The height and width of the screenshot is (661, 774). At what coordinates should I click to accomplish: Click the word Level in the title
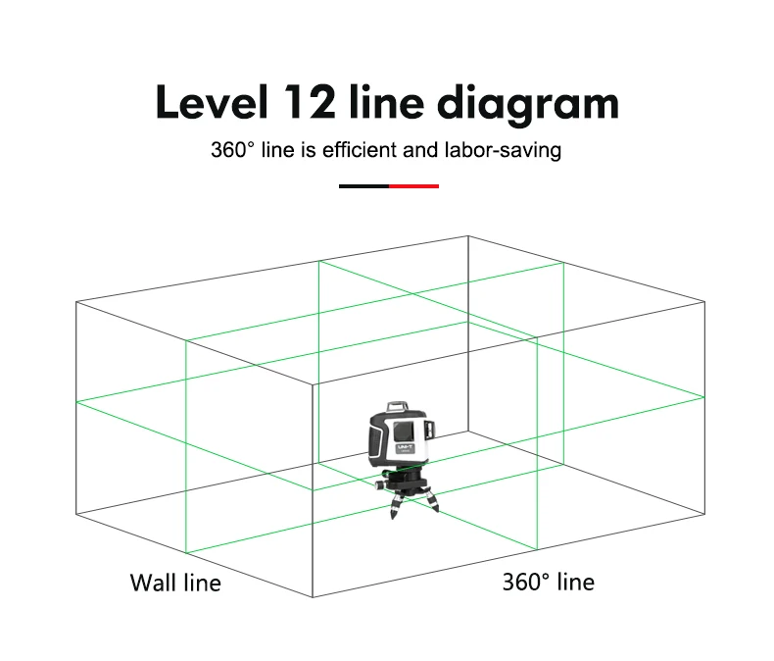point(212,102)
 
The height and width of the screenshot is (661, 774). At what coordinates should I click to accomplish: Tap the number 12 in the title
point(309,102)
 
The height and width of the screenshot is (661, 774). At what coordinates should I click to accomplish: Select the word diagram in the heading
point(528,104)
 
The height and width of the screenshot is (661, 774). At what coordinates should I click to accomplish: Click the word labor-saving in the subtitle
point(503,151)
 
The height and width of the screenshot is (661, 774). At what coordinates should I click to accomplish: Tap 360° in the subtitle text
point(233,150)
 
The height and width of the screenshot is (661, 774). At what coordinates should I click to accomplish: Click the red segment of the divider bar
point(413,186)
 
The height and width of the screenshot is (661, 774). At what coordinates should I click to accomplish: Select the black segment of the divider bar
point(363,186)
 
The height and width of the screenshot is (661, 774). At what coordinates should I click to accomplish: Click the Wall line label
point(175,583)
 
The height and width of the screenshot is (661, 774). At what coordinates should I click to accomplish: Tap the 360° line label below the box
point(549,582)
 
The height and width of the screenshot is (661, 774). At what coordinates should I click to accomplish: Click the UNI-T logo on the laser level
point(406,447)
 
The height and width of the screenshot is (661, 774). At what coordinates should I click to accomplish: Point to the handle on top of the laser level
point(398,407)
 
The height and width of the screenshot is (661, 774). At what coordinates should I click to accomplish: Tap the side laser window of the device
point(429,429)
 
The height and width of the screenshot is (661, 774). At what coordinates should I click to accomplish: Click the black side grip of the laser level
point(377,438)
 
